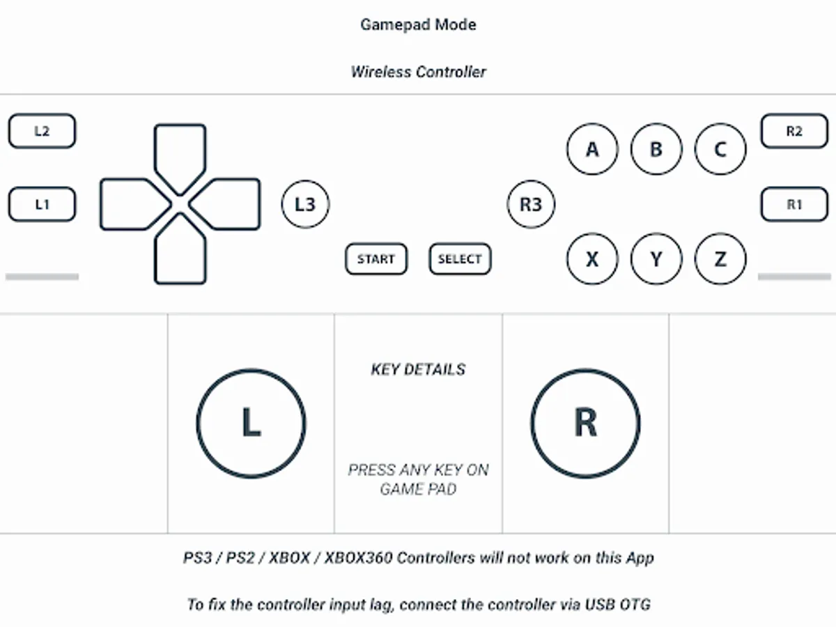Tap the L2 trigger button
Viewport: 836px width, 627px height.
tap(42, 131)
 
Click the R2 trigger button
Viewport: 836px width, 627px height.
tap(794, 131)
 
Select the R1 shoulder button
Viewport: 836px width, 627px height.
tap(794, 204)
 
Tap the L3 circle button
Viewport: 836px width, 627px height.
tap(305, 204)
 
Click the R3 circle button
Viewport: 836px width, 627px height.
tap(531, 204)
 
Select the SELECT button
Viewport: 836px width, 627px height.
tap(460, 259)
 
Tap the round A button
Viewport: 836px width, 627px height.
tap(592, 149)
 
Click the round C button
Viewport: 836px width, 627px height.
tap(720, 149)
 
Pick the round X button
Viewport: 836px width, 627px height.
tap(592, 259)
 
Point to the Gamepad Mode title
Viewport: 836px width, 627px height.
tap(418, 25)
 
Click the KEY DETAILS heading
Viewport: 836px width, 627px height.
tap(418, 370)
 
